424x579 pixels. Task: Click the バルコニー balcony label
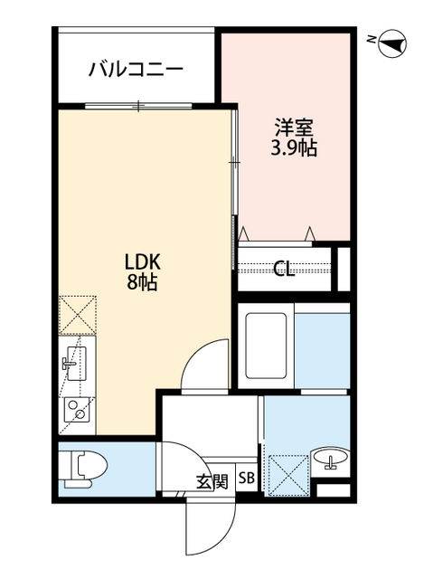point(136,69)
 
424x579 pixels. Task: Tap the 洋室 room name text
point(294,128)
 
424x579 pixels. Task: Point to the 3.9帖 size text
point(294,148)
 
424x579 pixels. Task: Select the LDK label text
point(142,262)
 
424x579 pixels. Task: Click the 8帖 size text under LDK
point(143,281)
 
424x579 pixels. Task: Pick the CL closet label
point(284,270)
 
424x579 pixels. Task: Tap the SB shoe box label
point(247,479)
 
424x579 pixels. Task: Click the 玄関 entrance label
point(212,482)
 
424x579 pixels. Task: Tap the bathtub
point(266,346)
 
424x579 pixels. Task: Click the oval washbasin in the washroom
point(330,456)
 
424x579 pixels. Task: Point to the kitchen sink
point(74,364)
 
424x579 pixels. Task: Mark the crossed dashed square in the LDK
point(78,315)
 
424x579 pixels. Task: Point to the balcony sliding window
point(138,106)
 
